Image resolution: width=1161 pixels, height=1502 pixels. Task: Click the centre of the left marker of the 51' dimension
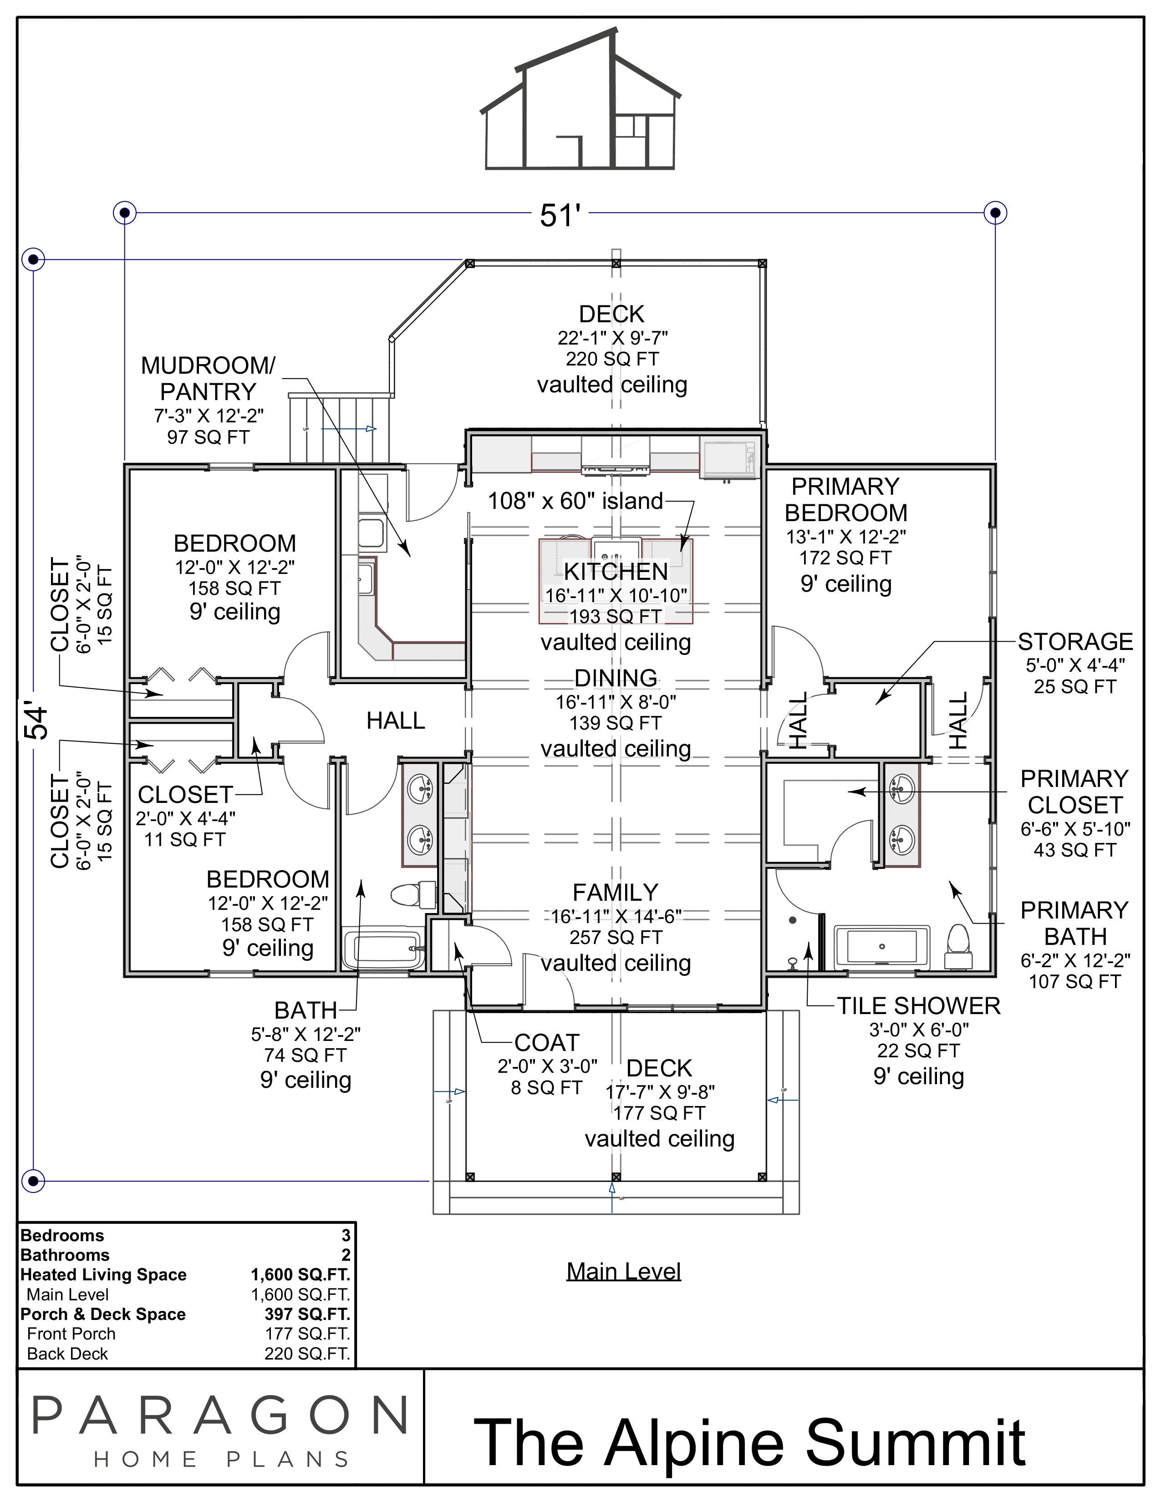(x=124, y=213)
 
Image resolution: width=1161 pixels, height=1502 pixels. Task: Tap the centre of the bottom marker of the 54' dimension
(x=33, y=1182)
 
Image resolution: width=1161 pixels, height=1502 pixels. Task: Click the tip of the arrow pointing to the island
(x=682, y=552)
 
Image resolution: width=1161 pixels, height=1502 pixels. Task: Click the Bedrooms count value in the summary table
(x=346, y=1235)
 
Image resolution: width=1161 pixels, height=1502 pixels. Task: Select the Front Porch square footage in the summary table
(x=307, y=1334)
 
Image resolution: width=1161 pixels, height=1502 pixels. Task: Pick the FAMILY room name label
(x=616, y=893)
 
